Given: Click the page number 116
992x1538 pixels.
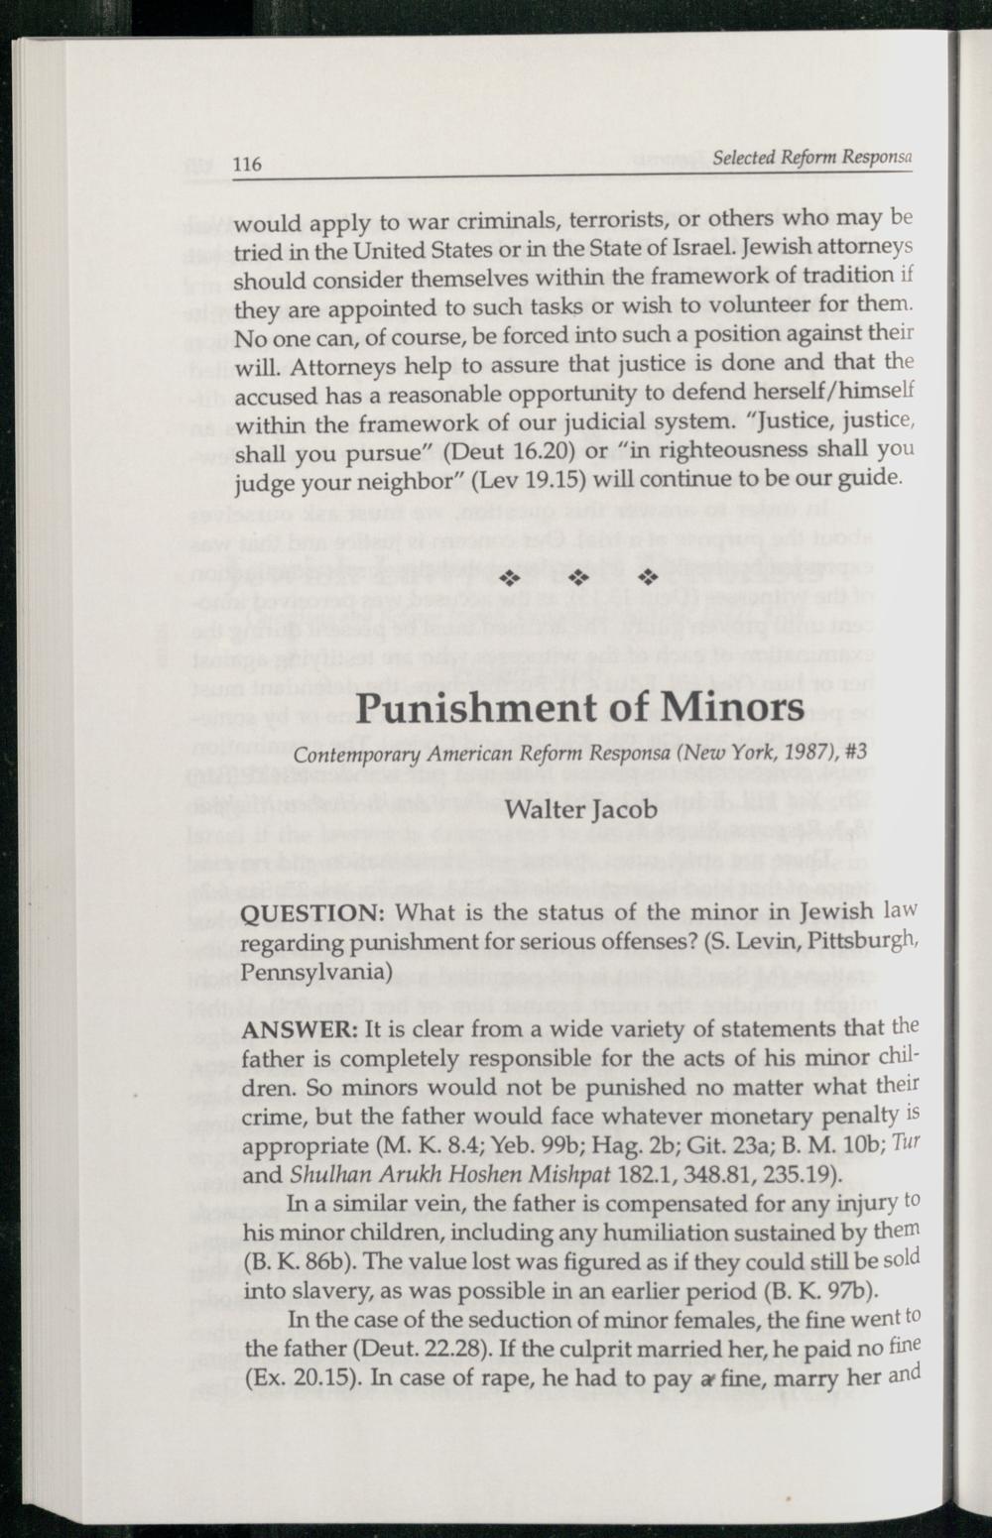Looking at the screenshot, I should pyautogui.click(x=248, y=164).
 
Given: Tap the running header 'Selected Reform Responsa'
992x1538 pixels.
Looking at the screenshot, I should pyautogui.click(x=811, y=158).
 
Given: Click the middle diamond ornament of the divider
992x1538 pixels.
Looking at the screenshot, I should pyautogui.click(x=579, y=577).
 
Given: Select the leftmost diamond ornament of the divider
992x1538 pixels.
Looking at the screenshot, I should pyautogui.click(x=510, y=577).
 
